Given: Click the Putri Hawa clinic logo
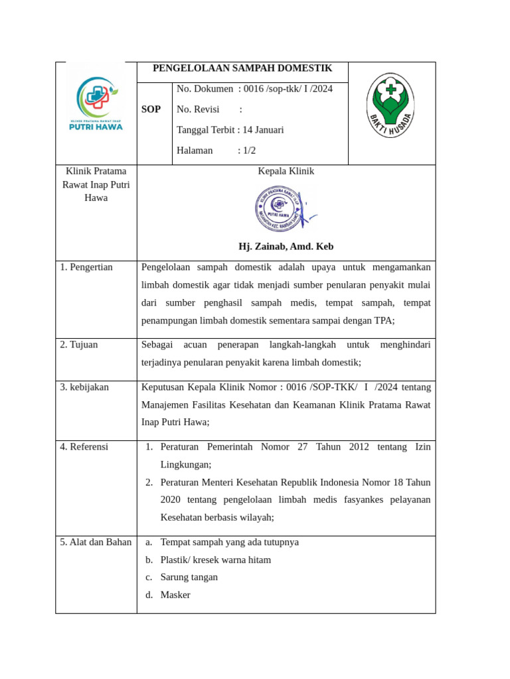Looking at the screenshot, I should tap(96, 104).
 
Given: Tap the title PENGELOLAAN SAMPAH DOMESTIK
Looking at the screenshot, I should tap(242, 68).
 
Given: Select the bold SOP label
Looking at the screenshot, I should tap(151, 109).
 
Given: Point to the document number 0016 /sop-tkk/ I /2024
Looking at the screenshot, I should tap(288, 89).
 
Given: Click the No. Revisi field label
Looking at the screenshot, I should tap(198, 109).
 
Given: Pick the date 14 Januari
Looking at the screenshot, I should tap(263, 130).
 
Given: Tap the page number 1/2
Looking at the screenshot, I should tap(249, 151).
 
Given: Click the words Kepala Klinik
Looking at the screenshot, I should tap(286, 171).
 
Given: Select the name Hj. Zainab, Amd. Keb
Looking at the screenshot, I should tap(286, 247).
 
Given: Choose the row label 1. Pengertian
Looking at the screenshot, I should tap(86, 267).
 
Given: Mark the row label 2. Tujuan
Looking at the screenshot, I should tap(78, 345).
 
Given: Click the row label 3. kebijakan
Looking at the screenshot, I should tap(84, 387).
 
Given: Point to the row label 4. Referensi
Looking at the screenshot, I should tap(84, 447).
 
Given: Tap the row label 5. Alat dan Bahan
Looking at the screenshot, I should tap(96, 542).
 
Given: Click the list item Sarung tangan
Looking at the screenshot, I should tap(189, 577).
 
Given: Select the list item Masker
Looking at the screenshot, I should tap(175, 595).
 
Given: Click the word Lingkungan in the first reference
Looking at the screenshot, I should tap(185, 465).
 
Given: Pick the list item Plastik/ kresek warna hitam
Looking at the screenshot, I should tap(215, 560).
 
